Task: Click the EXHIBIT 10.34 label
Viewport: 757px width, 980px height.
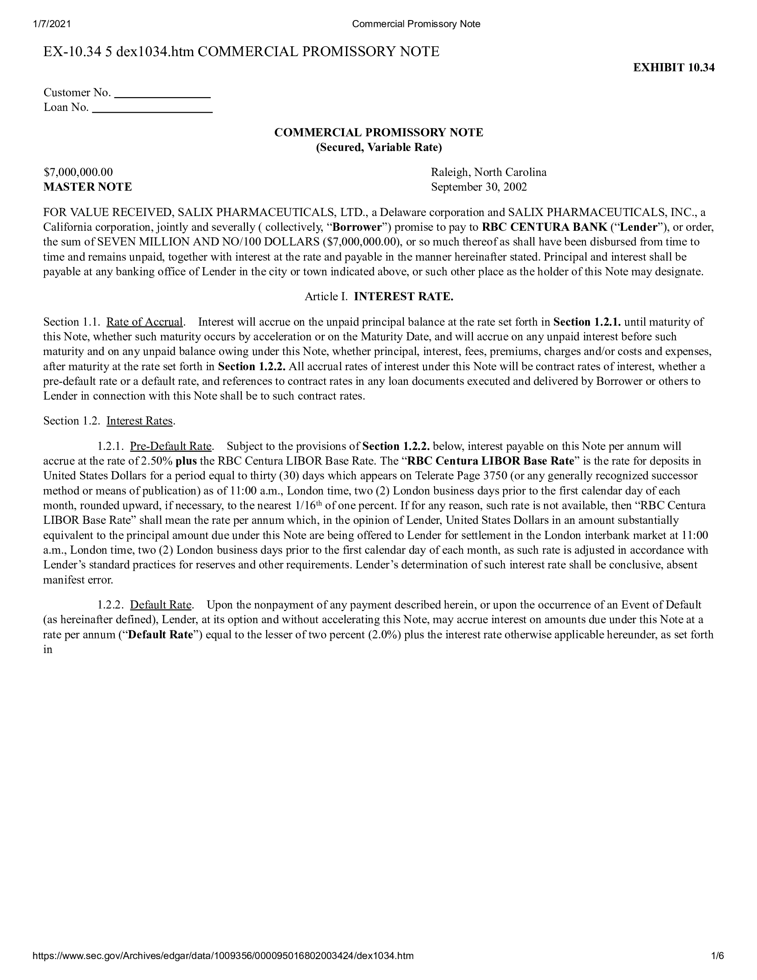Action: pyautogui.click(x=674, y=67)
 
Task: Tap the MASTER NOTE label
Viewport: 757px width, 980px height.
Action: pyautogui.click(x=87, y=187)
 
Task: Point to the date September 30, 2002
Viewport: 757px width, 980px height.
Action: pyautogui.click(x=479, y=187)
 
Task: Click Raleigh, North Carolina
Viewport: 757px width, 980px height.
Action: pyautogui.click(x=488, y=172)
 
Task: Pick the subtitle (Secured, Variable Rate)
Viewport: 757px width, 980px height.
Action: pyautogui.click(x=378, y=147)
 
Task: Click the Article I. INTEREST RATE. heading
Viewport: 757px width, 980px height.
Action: pyautogui.click(x=378, y=296)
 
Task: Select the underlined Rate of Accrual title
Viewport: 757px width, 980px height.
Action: pyautogui.click(x=144, y=322)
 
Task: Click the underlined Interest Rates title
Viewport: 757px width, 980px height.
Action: pyautogui.click(x=139, y=421)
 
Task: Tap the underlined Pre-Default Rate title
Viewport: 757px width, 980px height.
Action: pyautogui.click(x=171, y=446)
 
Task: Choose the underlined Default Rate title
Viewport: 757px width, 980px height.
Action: pyautogui.click(x=161, y=604)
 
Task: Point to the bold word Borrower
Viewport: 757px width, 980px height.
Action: pyautogui.click(x=357, y=227)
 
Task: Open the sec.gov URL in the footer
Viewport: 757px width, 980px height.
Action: pyautogui.click(x=223, y=968)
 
